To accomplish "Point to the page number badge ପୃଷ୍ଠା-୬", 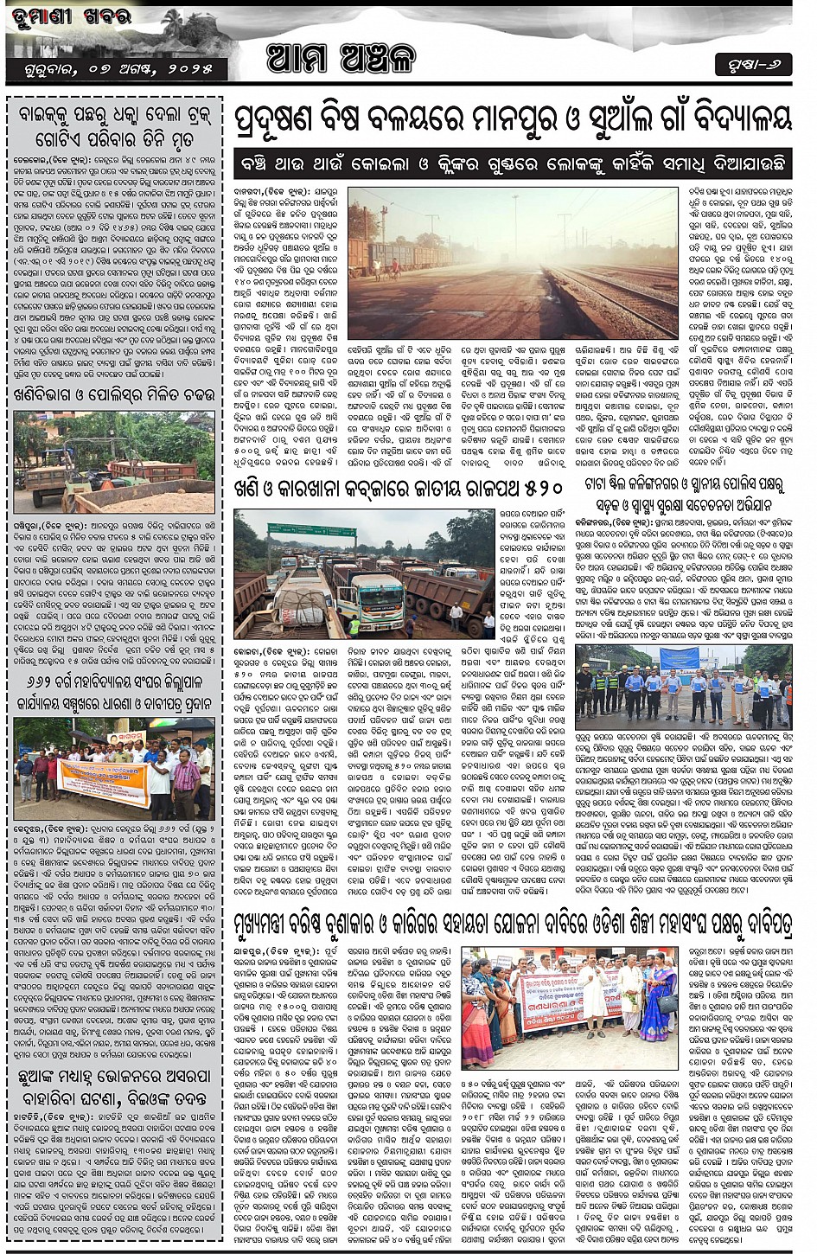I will (x=752, y=65).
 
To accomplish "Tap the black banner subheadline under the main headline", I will (x=512, y=163).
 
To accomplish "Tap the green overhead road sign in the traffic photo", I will (x=299, y=529).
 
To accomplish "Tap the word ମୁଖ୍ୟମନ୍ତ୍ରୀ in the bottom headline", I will (x=276, y=926).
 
